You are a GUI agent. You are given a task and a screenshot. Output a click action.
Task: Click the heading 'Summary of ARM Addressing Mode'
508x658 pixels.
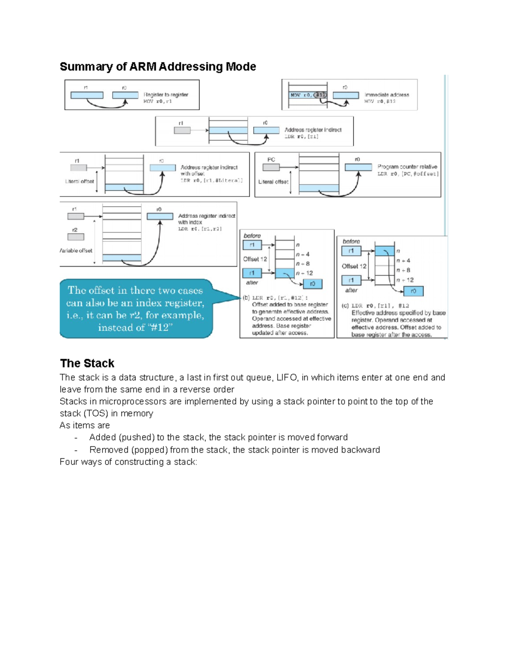click(x=157, y=67)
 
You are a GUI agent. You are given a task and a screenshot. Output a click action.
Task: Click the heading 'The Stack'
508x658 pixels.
click(x=87, y=363)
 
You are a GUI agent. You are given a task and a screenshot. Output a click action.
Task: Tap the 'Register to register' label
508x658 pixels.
click(x=166, y=94)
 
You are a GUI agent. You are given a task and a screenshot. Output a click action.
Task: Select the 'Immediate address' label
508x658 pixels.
click(x=387, y=95)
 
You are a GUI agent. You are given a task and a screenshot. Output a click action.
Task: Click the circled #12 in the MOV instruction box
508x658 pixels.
click(x=320, y=95)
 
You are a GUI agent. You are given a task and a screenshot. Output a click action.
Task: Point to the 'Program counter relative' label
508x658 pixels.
click(x=407, y=167)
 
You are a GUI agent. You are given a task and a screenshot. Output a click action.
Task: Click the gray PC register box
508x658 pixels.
click(x=271, y=167)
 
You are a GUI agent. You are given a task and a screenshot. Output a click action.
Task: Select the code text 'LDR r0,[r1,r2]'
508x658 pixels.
click(x=200, y=229)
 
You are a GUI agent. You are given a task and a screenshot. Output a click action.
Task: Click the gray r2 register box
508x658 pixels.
click(x=76, y=237)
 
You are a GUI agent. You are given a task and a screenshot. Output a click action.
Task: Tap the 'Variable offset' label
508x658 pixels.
click(x=76, y=250)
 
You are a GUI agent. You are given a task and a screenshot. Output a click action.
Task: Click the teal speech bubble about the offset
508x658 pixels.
click(x=135, y=308)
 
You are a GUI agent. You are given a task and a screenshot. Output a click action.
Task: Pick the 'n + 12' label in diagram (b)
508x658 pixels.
click(x=304, y=273)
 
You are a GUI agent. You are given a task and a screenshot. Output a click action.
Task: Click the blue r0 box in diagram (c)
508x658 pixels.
click(x=413, y=291)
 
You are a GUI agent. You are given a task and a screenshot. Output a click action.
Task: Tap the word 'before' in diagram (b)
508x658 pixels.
click(x=252, y=236)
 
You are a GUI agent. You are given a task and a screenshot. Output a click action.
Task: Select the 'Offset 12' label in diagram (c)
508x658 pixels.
click(x=354, y=266)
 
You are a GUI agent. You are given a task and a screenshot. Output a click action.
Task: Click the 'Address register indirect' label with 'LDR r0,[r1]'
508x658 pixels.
click(x=313, y=130)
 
